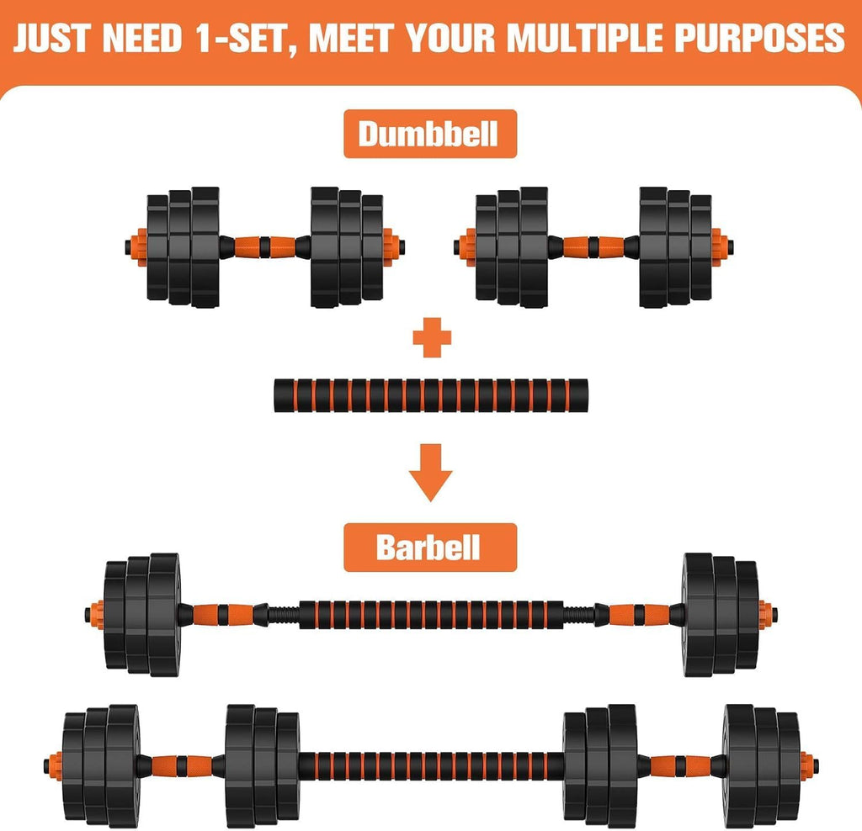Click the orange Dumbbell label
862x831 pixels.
(x=428, y=134)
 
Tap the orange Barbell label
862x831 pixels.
(x=428, y=548)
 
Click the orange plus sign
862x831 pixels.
(x=432, y=338)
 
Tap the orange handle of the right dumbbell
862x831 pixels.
(x=593, y=246)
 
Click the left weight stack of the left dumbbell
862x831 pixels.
(x=182, y=246)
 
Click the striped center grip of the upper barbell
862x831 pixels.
(x=430, y=614)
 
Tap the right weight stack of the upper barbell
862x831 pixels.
(x=720, y=614)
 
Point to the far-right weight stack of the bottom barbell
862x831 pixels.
(x=761, y=765)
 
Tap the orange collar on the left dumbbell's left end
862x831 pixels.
(x=136, y=246)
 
